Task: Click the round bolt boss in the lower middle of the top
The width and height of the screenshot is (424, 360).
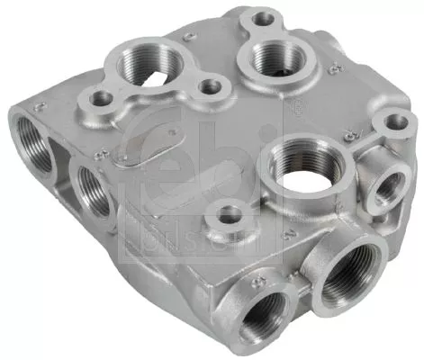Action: pyautogui.click(x=230, y=215)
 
